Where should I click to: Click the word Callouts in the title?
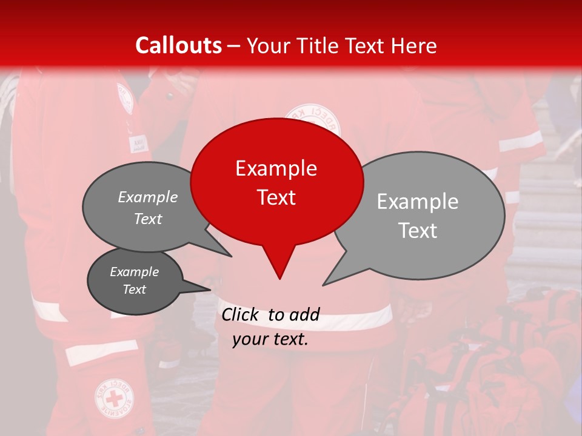[178, 45]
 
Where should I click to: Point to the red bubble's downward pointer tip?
[279, 278]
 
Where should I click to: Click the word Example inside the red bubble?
[276, 168]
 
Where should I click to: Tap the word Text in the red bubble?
[276, 197]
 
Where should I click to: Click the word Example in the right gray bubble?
[417, 202]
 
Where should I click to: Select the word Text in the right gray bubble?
[417, 231]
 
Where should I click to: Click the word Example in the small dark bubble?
[134, 272]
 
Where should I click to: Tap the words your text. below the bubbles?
[270, 339]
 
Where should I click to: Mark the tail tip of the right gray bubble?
[323, 285]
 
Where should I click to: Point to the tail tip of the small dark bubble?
[210, 289]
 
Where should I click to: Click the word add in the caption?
[304, 314]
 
